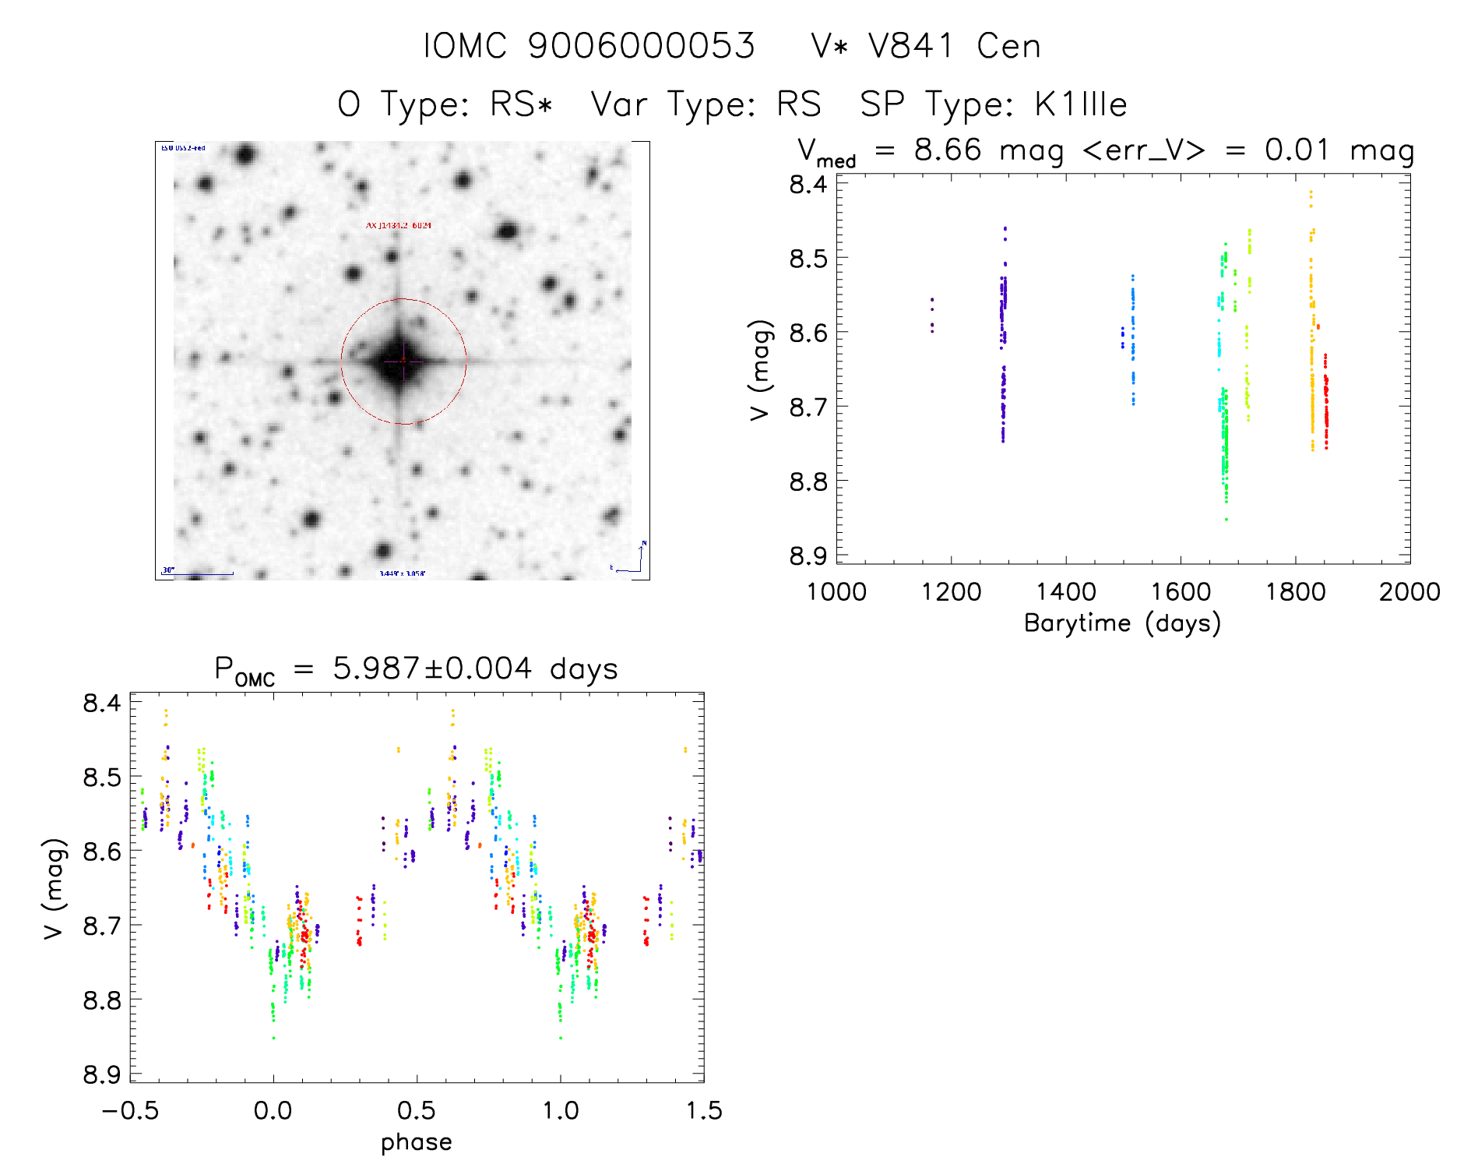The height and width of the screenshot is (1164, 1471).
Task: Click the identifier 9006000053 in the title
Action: coord(641,46)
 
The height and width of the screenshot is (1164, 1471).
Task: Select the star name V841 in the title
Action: coord(910,46)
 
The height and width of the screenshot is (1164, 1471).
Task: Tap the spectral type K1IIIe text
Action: coord(1081,104)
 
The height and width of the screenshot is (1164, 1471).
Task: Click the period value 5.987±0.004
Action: coord(432,668)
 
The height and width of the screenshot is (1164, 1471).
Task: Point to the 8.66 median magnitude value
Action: coord(947,150)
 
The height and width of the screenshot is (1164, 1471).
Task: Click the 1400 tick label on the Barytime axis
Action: coord(1065,591)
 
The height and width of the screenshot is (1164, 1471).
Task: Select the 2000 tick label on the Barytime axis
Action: coord(1409,591)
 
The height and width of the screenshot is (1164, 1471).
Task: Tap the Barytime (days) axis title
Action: coord(1122,623)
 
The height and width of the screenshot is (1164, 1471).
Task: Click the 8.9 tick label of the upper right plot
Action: coord(808,556)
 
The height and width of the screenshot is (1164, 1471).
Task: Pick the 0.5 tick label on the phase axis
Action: coord(417,1110)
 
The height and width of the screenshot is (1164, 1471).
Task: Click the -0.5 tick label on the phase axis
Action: coord(130,1110)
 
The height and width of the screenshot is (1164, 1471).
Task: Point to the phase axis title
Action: coord(416,1142)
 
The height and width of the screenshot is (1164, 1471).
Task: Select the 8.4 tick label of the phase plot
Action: coord(101,703)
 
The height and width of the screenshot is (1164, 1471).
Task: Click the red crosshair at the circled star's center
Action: coord(403,361)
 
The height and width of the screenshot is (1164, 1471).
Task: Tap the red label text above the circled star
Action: coord(399,225)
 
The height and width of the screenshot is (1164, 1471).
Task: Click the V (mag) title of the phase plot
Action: coord(53,888)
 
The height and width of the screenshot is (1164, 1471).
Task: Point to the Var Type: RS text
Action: coord(706,104)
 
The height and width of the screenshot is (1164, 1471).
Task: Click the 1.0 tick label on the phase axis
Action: coord(560,1110)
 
